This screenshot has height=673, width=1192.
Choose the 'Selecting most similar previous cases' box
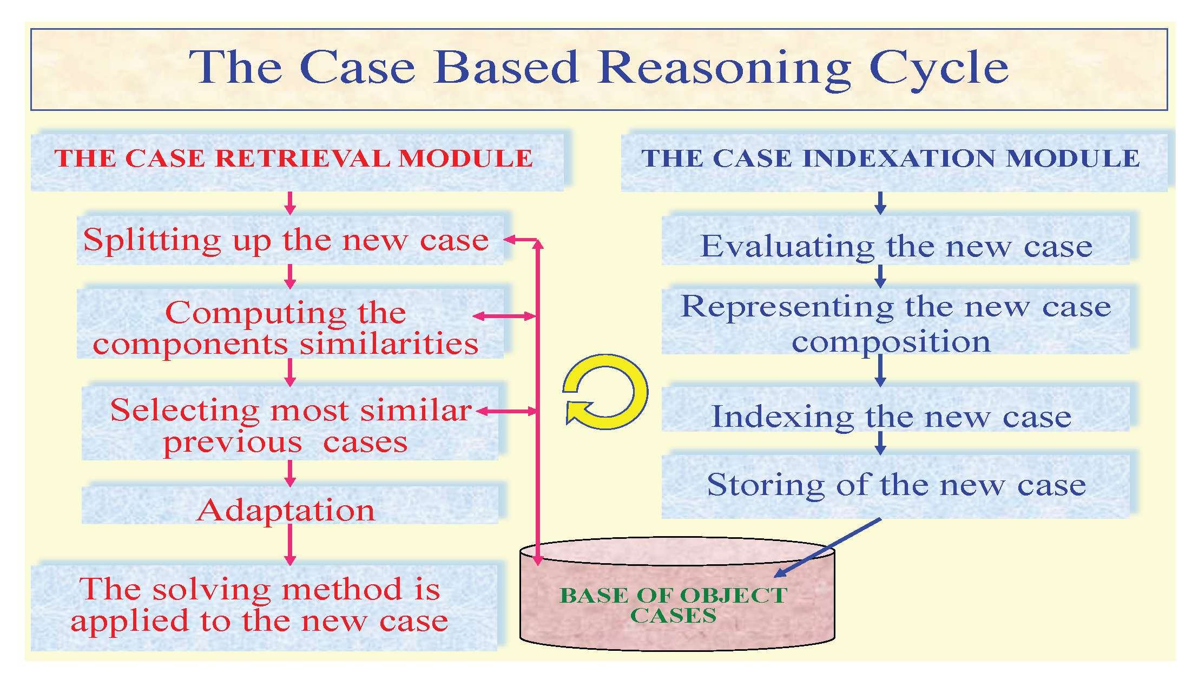pos(290,425)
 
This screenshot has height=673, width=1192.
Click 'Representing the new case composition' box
pos(896,323)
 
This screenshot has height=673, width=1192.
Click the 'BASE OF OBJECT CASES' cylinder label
pos(674,605)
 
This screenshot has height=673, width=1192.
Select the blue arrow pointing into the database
pos(827,547)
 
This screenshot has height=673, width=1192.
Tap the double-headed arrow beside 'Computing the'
pos(504,316)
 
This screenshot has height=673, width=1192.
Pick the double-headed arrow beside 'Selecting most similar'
pos(506,412)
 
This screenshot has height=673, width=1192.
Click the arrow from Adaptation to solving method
pos(290,544)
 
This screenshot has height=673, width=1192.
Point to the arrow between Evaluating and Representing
pos(880,276)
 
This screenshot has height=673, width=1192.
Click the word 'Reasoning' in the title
pos(725,69)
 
